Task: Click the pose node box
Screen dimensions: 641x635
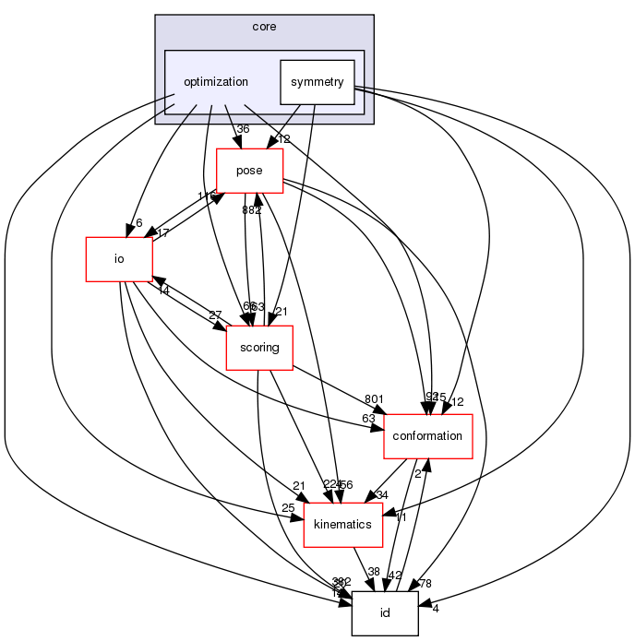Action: pyautogui.click(x=249, y=170)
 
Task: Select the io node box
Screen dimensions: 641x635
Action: pyautogui.click(x=118, y=258)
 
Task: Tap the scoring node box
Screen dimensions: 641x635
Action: pyautogui.click(x=259, y=347)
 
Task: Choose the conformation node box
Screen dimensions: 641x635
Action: pyautogui.click(x=427, y=435)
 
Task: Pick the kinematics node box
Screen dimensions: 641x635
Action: pyautogui.click(x=343, y=524)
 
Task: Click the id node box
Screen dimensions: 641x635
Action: pyautogui.click(x=385, y=612)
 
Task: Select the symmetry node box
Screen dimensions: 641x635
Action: pyautogui.click(x=317, y=82)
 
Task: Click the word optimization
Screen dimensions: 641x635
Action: pyautogui.click(x=216, y=81)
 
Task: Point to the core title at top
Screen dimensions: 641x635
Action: pyautogui.click(x=264, y=26)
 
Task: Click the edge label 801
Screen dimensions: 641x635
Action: pyautogui.click(x=374, y=399)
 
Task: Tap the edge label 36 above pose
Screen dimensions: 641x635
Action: pyautogui.click(x=244, y=129)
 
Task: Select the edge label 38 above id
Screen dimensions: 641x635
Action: pyautogui.click(x=375, y=573)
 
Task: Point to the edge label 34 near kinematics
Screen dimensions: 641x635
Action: pyautogui.click(x=382, y=494)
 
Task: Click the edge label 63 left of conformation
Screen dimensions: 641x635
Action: pyautogui.click(x=369, y=418)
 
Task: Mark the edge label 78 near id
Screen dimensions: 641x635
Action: pyautogui.click(x=425, y=582)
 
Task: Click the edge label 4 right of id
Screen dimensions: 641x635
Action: pyautogui.click(x=434, y=607)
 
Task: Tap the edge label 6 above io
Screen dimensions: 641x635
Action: pyautogui.click(x=138, y=222)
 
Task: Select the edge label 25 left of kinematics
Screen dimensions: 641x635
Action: pyautogui.click(x=288, y=507)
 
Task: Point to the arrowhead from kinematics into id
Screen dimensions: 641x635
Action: pyautogui.click(x=375, y=592)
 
